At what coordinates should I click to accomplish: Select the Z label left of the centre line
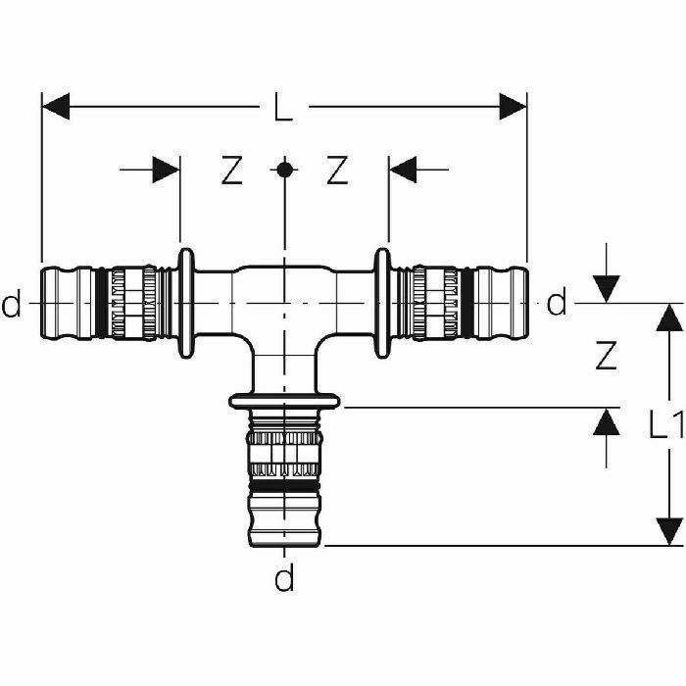coord(230,171)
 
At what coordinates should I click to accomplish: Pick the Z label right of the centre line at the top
coord(337,171)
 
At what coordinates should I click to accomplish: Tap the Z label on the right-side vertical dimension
coord(607,357)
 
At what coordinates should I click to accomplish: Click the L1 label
coord(666,423)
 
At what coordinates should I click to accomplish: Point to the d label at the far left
coord(11,306)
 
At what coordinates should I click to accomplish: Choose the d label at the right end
coord(557,305)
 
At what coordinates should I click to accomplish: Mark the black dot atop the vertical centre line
coord(283,170)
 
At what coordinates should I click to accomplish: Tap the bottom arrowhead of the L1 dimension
coord(669,529)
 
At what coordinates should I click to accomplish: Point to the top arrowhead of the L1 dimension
coord(669,318)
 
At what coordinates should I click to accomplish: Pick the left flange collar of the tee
coord(183,304)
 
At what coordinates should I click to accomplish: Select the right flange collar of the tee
coord(383,304)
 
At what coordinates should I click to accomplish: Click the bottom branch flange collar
coord(283,400)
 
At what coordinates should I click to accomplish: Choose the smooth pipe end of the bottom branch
coord(283,519)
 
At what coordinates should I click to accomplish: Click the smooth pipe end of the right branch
coord(506,304)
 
